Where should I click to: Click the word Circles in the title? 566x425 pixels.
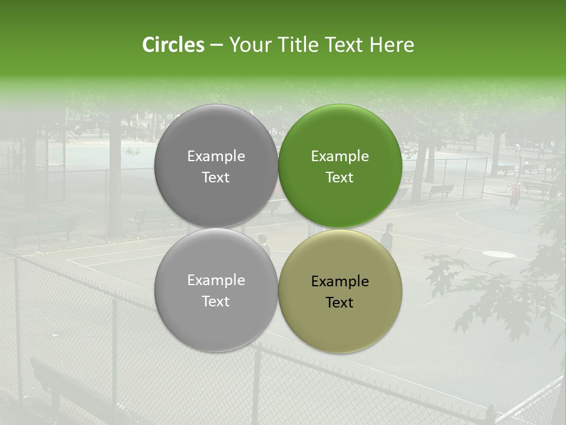click(173, 45)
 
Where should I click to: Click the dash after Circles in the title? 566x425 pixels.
click(216, 45)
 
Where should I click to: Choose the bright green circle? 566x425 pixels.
click(340, 166)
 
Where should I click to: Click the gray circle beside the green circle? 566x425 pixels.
click(216, 166)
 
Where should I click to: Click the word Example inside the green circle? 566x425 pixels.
click(340, 156)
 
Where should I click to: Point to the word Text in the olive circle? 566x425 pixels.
click(340, 303)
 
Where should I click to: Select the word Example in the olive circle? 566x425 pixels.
click(340, 282)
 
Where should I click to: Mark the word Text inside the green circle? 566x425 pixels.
click(340, 178)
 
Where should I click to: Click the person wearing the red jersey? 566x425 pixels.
click(515, 194)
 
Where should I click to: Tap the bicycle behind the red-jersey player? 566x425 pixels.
click(518, 190)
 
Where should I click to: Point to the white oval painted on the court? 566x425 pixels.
click(499, 254)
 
